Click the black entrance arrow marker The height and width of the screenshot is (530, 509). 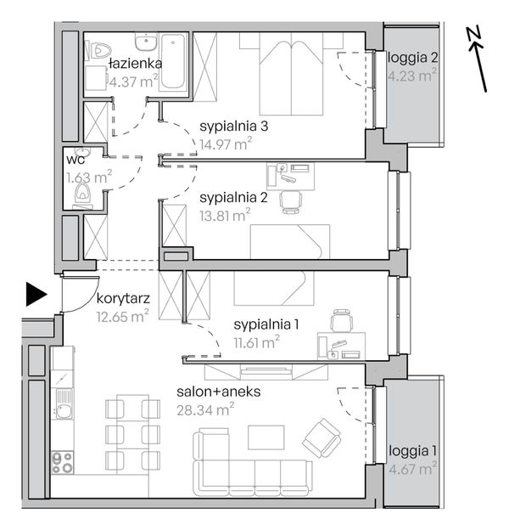36,295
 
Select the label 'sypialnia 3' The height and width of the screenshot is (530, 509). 234,126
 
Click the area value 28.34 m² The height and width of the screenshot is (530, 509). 205,409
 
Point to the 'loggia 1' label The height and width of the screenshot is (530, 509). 412,450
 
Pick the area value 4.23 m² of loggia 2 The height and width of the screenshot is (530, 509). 412,75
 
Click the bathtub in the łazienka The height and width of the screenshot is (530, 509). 172,61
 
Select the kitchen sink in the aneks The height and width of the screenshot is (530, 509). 64,404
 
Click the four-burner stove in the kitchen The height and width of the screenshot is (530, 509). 63,462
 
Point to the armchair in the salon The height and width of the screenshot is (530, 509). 321,437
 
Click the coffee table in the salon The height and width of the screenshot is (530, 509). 266,437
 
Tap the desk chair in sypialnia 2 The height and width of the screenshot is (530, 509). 290,202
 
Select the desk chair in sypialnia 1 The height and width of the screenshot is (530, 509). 342,320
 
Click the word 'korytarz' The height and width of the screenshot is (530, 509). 123,299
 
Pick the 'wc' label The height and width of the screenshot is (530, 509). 76,160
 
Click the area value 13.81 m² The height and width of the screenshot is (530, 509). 225,216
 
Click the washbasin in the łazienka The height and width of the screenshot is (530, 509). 146,42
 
